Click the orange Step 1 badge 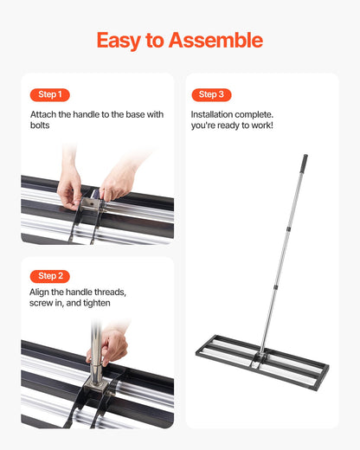(49, 94)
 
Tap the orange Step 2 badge (49, 276)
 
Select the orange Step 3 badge (211, 94)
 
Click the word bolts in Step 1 (42, 126)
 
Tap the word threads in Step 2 (107, 292)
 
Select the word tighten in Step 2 (93, 304)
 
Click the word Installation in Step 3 (217, 113)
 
